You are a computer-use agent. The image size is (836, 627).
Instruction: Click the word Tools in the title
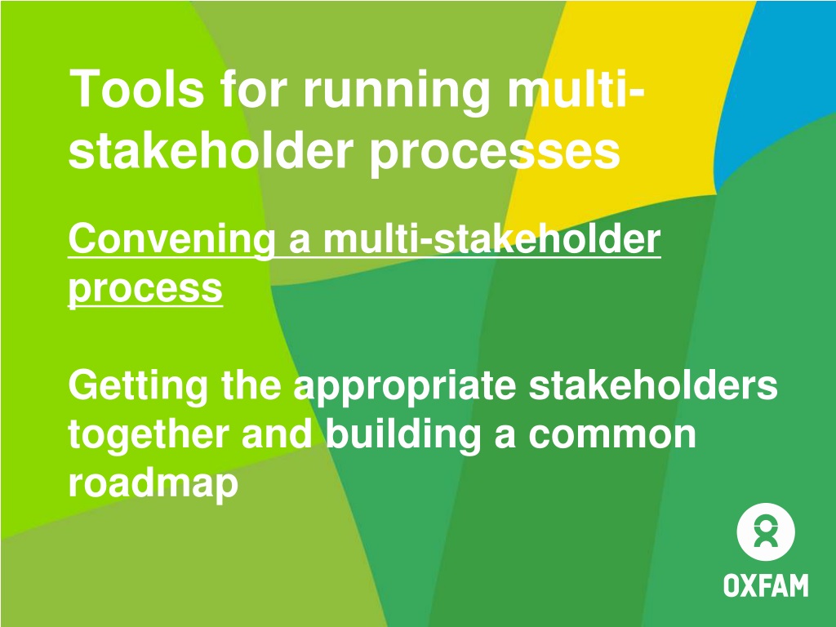pos(136,88)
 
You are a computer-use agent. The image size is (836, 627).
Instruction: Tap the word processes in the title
pos(495,153)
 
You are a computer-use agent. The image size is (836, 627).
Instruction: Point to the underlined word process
pos(145,290)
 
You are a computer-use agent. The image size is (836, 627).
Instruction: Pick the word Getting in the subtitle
pos(138,388)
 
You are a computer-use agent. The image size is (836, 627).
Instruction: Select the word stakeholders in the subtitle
pos(653,385)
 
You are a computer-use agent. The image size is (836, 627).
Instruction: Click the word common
pos(612,436)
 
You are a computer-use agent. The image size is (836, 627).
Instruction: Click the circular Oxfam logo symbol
pos(766,531)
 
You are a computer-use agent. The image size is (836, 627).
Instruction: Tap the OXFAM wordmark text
pos(766,585)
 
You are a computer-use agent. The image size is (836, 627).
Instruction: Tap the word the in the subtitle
pos(251,385)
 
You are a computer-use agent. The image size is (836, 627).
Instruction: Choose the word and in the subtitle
pos(278,434)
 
